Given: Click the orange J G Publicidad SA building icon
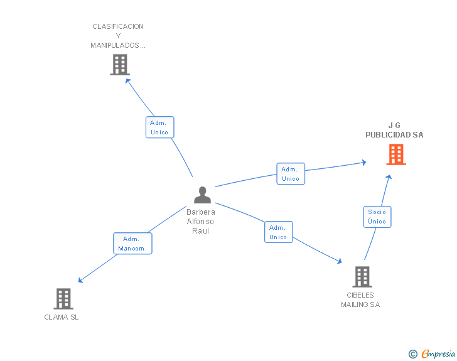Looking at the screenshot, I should click(x=396, y=154).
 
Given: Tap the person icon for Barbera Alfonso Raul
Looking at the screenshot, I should click(x=202, y=195).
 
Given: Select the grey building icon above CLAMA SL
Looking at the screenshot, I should click(x=63, y=299).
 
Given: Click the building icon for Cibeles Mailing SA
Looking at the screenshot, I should click(x=362, y=277).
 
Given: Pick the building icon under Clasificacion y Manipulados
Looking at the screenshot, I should click(x=119, y=65).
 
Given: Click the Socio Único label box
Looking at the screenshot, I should click(x=377, y=217).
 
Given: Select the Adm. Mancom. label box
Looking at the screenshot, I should click(x=132, y=244).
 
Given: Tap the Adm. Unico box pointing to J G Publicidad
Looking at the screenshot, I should click(x=291, y=174).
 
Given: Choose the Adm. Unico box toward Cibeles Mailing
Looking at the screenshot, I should click(x=278, y=232).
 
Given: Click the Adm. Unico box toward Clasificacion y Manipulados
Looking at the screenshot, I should click(x=159, y=127).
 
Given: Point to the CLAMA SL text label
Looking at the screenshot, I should click(x=62, y=317).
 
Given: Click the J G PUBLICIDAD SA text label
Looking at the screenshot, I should click(x=394, y=130).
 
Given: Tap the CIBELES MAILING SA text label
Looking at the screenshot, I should click(x=360, y=299).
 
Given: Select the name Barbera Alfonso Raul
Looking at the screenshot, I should click(x=201, y=222).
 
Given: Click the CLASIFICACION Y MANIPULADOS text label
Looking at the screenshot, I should click(x=118, y=36).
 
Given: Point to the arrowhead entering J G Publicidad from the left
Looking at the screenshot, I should click(x=363, y=163).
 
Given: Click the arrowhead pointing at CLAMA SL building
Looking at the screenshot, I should click(x=80, y=281).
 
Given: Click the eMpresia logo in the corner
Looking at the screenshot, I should click(x=438, y=354).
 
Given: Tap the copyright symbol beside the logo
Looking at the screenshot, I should click(x=412, y=354).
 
